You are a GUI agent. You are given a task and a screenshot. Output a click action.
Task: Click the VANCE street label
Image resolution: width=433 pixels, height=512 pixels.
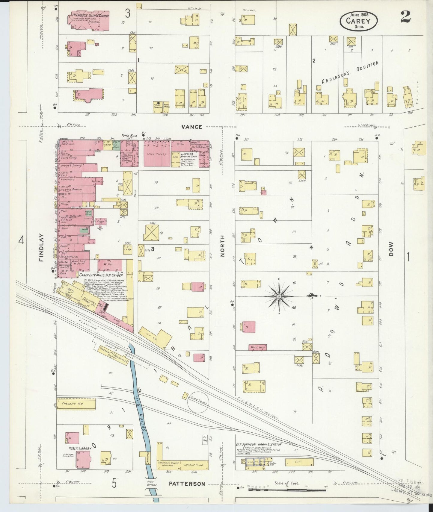(x=192, y=127)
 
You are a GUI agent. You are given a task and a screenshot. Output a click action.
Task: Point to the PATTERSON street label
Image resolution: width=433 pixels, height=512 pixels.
(x=187, y=484)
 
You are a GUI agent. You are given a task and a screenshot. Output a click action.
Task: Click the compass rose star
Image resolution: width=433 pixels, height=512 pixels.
(x=279, y=296)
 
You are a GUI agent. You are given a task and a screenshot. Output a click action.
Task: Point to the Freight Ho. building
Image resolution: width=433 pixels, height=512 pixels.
(x=76, y=404)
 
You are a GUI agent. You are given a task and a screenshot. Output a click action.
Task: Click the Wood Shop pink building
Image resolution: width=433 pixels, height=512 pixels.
(x=257, y=347)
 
